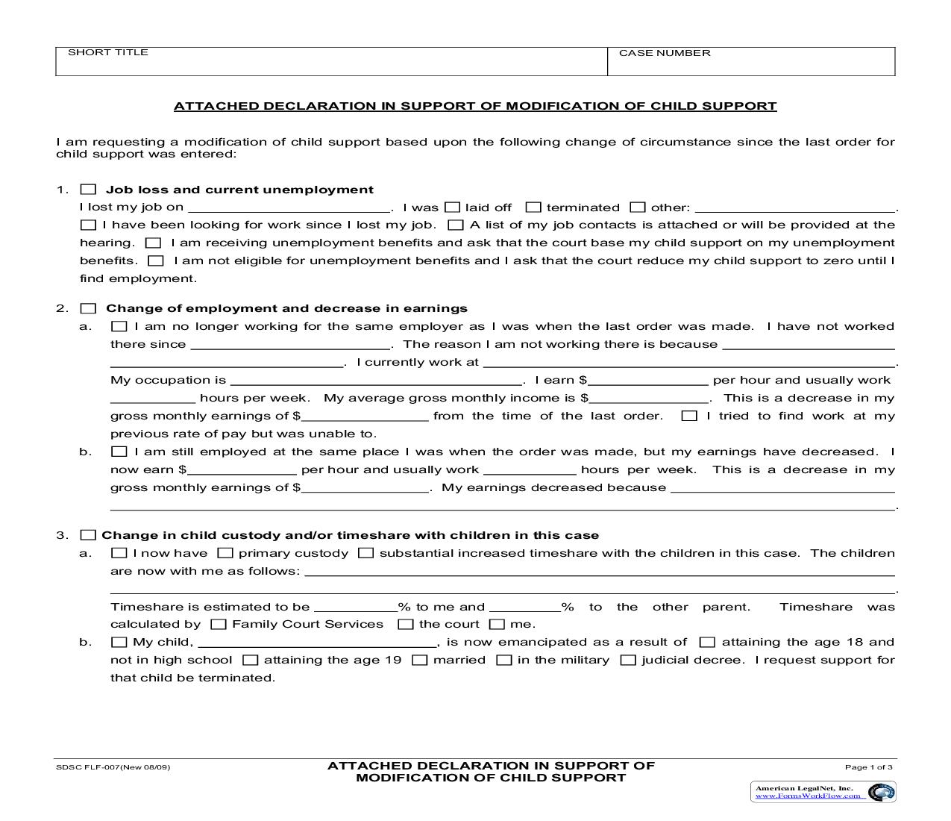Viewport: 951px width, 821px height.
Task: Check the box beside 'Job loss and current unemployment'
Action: click(x=88, y=190)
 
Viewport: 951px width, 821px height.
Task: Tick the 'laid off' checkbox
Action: click(x=452, y=207)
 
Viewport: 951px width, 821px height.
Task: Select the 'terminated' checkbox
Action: click(x=533, y=207)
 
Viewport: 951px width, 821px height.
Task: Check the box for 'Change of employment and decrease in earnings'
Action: click(x=88, y=308)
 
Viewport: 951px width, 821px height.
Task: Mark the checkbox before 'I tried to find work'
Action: click(x=689, y=416)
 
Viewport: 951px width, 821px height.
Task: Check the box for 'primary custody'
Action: click(x=225, y=553)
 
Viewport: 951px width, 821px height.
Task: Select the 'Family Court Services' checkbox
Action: click(x=219, y=624)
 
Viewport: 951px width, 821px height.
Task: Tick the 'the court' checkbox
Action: click(x=405, y=624)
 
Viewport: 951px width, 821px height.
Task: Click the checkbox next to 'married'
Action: click(x=420, y=660)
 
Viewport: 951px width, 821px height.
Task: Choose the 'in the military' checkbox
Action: click(x=504, y=660)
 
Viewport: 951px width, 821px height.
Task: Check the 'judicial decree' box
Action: click(x=628, y=660)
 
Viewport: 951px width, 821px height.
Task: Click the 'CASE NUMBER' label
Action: click(x=664, y=53)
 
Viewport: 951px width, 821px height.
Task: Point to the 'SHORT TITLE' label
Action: click(x=108, y=52)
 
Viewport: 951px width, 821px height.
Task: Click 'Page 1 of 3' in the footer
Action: click(x=868, y=767)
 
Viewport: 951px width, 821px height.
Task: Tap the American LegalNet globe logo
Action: click(x=882, y=792)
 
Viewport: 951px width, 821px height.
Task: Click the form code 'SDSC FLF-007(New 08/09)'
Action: click(x=113, y=767)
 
